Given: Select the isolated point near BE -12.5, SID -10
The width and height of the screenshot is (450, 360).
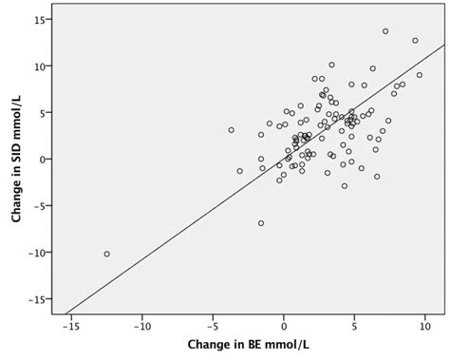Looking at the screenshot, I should click(x=106, y=254).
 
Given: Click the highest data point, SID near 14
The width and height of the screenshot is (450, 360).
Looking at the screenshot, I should click(x=385, y=31).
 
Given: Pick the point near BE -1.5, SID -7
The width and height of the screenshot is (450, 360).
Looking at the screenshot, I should click(x=261, y=223).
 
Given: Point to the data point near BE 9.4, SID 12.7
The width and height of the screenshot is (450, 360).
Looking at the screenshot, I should click(x=415, y=41).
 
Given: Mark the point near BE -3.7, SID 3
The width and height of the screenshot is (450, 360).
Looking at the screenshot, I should click(x=231, y=130).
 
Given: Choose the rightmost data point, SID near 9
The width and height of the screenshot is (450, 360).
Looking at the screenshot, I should click(x=420, y=75).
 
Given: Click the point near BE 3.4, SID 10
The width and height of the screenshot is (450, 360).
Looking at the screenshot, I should click(x=331, y=66).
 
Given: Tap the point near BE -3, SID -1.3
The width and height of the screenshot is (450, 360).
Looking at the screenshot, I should click(x=240, y=171).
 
